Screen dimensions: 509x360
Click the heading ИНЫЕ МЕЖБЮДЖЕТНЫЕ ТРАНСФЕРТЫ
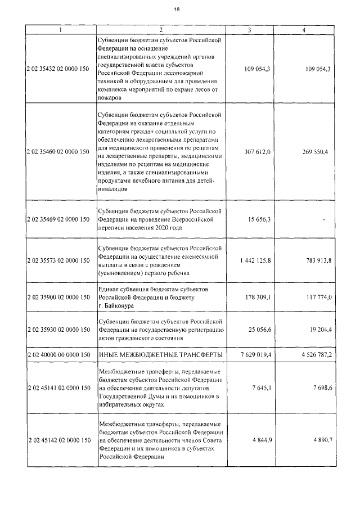[160, 355]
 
